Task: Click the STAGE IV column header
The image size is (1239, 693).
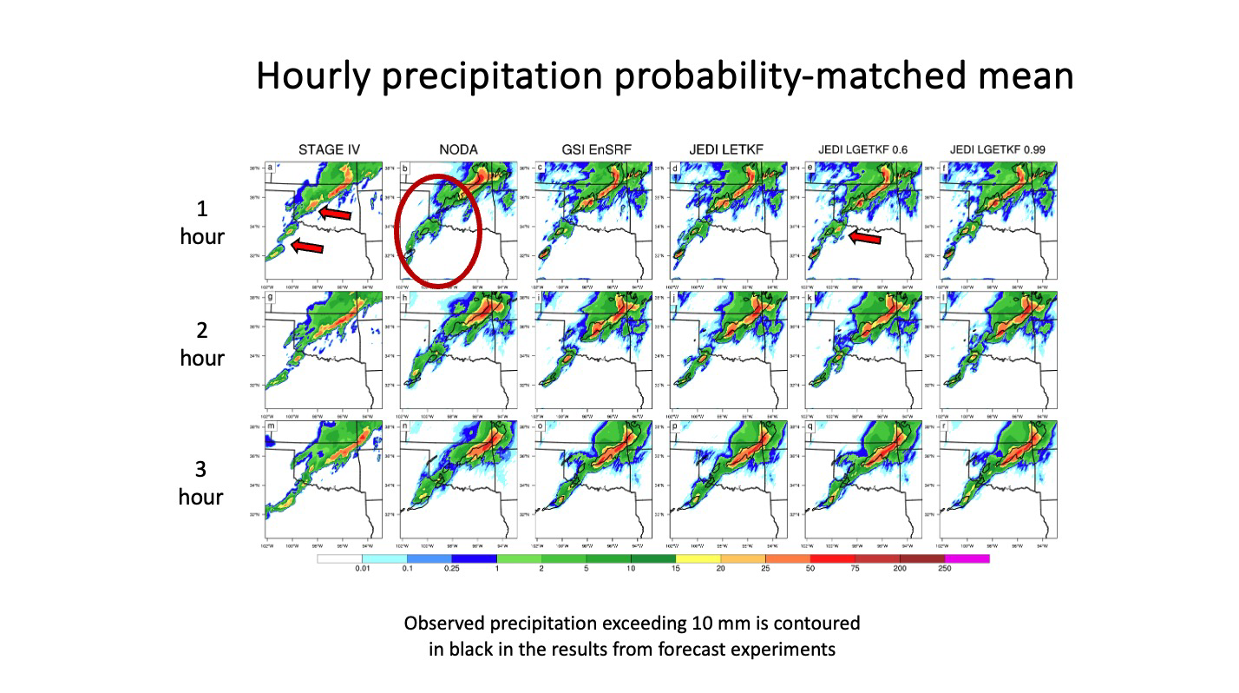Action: [323, 149]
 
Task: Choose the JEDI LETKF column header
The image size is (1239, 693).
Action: [729, 149]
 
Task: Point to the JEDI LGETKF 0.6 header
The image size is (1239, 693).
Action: [863, 149]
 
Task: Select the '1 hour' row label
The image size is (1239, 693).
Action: [202, 223]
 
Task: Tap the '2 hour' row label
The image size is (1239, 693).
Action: [202, 345]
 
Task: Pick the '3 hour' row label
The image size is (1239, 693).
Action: [201, 483]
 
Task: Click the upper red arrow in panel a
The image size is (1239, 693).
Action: [334, 213]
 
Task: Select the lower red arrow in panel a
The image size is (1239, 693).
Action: [307, 247]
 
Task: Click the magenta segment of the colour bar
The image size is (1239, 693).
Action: [967, 559]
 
